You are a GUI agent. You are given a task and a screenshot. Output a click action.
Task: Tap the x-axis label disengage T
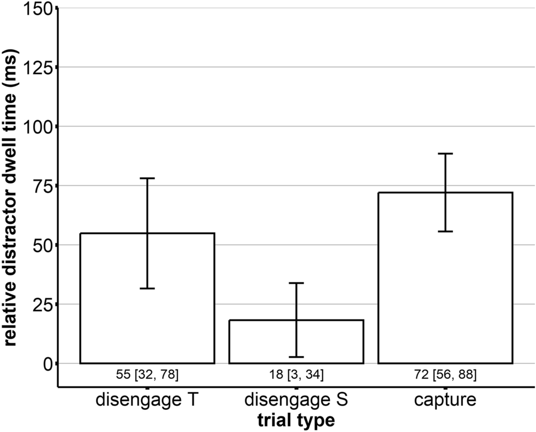[x=147, y=400]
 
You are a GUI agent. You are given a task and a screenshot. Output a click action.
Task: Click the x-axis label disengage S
[x=296, y=400]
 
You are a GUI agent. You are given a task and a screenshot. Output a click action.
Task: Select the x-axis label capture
[x=445, y=400]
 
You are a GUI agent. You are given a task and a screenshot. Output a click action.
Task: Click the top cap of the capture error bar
[x=445, y=153]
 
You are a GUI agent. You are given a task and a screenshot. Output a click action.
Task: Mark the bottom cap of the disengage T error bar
[x=147, y=289]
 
